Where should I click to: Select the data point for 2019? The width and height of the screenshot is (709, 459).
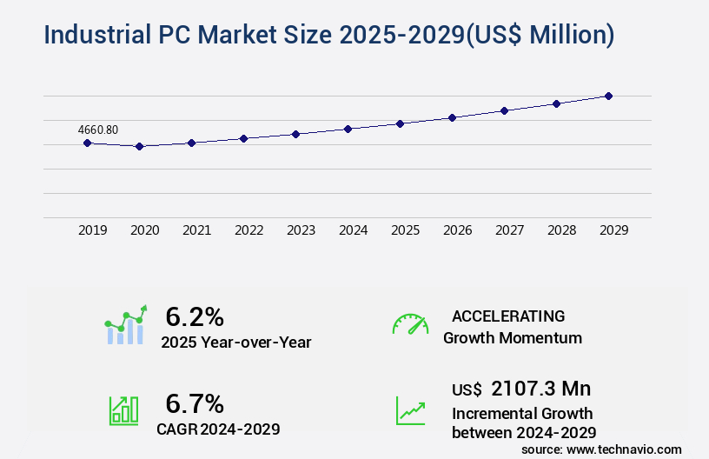click(88, 143)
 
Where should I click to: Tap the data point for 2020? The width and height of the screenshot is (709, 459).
click(139, 147)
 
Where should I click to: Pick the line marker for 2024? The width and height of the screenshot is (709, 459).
click(348, 129)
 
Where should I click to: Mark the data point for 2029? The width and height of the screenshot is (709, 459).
click(608, 96)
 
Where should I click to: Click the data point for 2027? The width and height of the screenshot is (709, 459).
click(504, 110)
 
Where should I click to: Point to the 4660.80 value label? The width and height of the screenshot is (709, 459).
click(98, 130)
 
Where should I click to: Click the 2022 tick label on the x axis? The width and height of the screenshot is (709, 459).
click(248, 230)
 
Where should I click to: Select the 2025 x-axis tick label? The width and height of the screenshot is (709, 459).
click(405, 230)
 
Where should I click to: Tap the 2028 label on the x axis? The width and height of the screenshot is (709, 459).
click(561, 230)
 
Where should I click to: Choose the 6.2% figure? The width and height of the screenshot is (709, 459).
click(195, 316)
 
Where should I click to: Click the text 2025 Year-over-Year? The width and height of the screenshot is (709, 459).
click(235, 343)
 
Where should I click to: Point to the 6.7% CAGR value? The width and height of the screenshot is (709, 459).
click(195, 403)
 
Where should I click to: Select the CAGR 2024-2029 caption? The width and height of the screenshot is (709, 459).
click(218, 429)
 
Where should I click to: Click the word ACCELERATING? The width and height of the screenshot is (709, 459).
click(508, 316)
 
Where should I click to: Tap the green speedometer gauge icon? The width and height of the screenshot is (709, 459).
click(410, 324)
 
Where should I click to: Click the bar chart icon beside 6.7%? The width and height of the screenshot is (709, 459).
click(123, 409)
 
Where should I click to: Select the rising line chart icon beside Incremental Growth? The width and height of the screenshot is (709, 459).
click(410, 409)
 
